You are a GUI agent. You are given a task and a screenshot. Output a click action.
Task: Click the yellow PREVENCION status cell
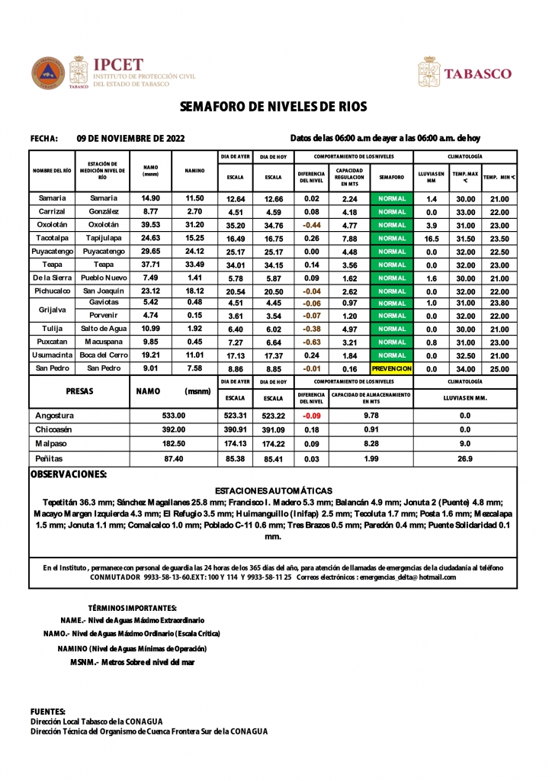point(392,368)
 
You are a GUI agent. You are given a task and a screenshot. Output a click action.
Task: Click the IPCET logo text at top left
point(117,65)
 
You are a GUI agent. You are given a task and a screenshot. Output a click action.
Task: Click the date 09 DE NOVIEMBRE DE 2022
point(131,139)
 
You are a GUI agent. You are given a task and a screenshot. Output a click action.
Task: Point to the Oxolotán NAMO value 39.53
point(150,225)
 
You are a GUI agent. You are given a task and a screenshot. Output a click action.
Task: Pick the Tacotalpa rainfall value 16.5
point(431,238)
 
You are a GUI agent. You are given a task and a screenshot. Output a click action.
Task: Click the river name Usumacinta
point(52,355)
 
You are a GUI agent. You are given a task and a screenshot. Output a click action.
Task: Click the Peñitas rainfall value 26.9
point(464,458)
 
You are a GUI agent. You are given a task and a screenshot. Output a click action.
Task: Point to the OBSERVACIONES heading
point(68,474)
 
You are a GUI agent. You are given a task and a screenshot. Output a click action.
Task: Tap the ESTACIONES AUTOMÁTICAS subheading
point(274,490)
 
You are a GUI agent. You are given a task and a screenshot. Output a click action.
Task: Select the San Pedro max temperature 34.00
point(465,368)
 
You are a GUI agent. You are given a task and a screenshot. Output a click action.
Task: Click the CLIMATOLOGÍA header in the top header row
point(464,156)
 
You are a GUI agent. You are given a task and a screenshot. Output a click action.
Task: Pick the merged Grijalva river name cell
point(52,309)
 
